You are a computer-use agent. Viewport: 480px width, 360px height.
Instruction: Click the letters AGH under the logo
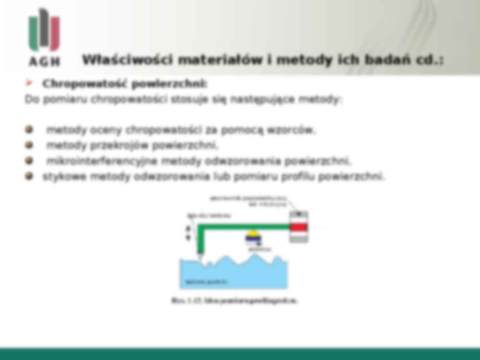pyautogui.click(x=44, y=61)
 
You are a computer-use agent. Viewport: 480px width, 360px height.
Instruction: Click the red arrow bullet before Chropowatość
pyautogui.click(x=30, y=84)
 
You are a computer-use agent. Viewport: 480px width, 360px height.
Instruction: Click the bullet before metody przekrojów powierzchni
pyautogui.click(x=30, y=145)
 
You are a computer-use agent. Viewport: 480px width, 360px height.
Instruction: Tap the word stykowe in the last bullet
pyautogui.click(x=64, y=177)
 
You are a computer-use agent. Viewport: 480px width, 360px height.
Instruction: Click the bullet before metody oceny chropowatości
pyautogui.click(x=30, y=130)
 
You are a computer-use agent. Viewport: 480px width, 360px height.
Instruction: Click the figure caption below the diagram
pyautogui.click(x=234, y=301)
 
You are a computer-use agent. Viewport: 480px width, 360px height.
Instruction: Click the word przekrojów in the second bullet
pyautogui.click(x=117, y=145)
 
